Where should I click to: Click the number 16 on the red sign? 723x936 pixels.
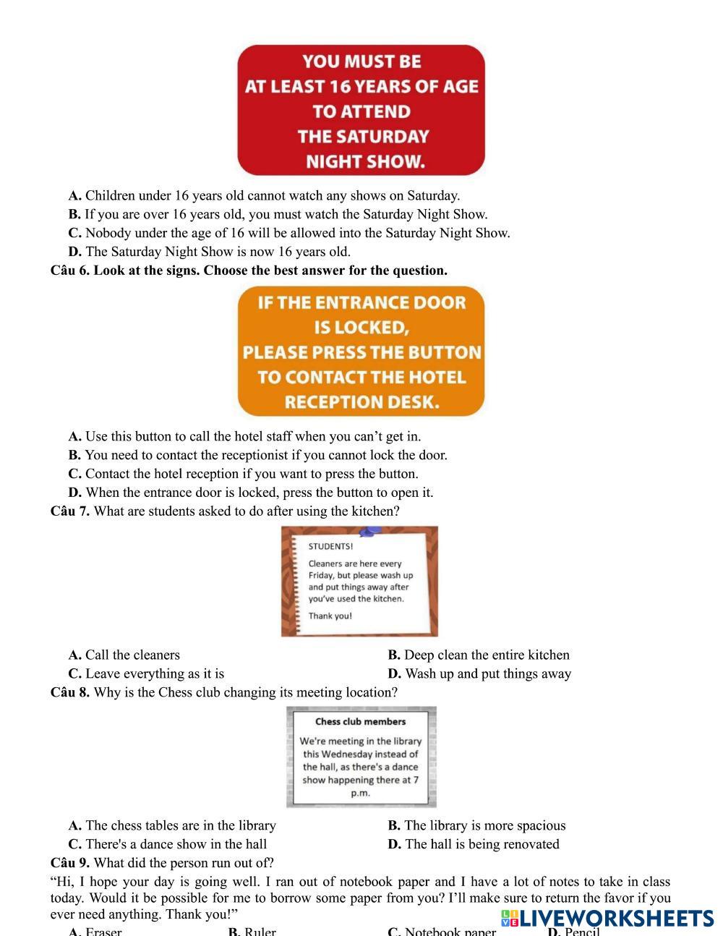click(339, 87)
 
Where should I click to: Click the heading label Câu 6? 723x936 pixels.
click(69, 271)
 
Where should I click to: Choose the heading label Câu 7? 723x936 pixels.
click(69, 511)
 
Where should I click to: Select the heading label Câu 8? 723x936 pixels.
click(69, 692)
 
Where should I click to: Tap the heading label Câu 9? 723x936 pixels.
click(69, 863)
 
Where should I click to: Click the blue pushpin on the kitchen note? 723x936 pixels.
click(370, 532)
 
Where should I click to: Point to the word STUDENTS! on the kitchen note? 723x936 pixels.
click(330, 547)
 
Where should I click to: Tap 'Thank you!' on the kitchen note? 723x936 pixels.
click(330, 616)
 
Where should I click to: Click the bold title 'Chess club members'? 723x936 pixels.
click(361, 721)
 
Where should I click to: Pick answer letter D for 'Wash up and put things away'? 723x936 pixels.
click(394, 673)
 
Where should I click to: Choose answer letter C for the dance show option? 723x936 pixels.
click(74, 844)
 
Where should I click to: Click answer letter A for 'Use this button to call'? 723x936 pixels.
click(74, 436)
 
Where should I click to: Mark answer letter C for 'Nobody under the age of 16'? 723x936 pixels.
click(74, 233)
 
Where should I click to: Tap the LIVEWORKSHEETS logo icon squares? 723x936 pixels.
click(511, 919)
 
